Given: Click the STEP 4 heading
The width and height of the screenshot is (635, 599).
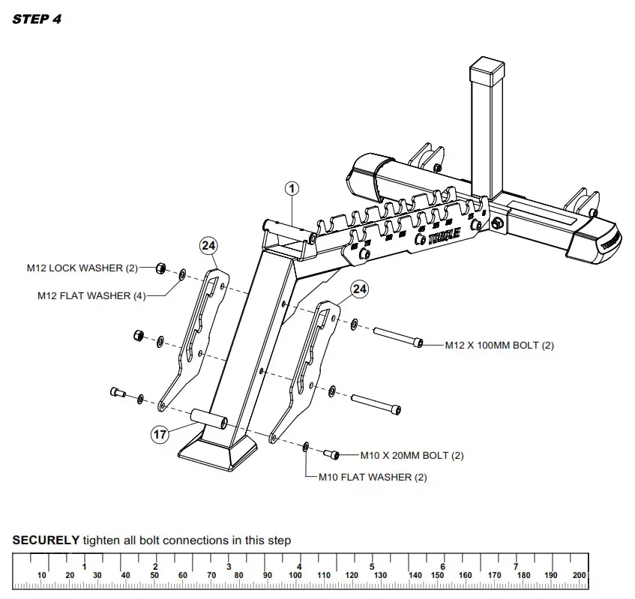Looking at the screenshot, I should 37,19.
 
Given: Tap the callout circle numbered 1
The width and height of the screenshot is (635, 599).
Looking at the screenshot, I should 292,189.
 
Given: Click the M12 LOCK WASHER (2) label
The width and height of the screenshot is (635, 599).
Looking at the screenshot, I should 82,268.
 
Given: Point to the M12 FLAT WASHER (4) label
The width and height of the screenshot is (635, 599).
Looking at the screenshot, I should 91,295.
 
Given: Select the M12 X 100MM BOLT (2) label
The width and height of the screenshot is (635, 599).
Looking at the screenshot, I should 499,345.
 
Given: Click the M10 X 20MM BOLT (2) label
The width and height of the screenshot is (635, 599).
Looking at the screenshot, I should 412,455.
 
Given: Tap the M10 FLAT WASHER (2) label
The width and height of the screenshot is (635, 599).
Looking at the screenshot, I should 373,477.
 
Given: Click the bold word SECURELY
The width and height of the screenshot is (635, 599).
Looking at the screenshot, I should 46,540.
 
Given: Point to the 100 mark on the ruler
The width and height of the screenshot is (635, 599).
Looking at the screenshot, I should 295,575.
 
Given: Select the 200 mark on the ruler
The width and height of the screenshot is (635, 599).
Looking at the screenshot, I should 579,575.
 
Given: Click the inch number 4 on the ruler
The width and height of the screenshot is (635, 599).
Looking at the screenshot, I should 299,566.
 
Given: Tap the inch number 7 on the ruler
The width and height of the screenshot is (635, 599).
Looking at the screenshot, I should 515,566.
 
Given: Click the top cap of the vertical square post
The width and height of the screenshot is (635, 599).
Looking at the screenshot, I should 488,70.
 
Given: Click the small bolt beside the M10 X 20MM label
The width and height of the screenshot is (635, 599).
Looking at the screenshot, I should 331,454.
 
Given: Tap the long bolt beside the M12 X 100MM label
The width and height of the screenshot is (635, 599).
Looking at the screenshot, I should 394,339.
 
